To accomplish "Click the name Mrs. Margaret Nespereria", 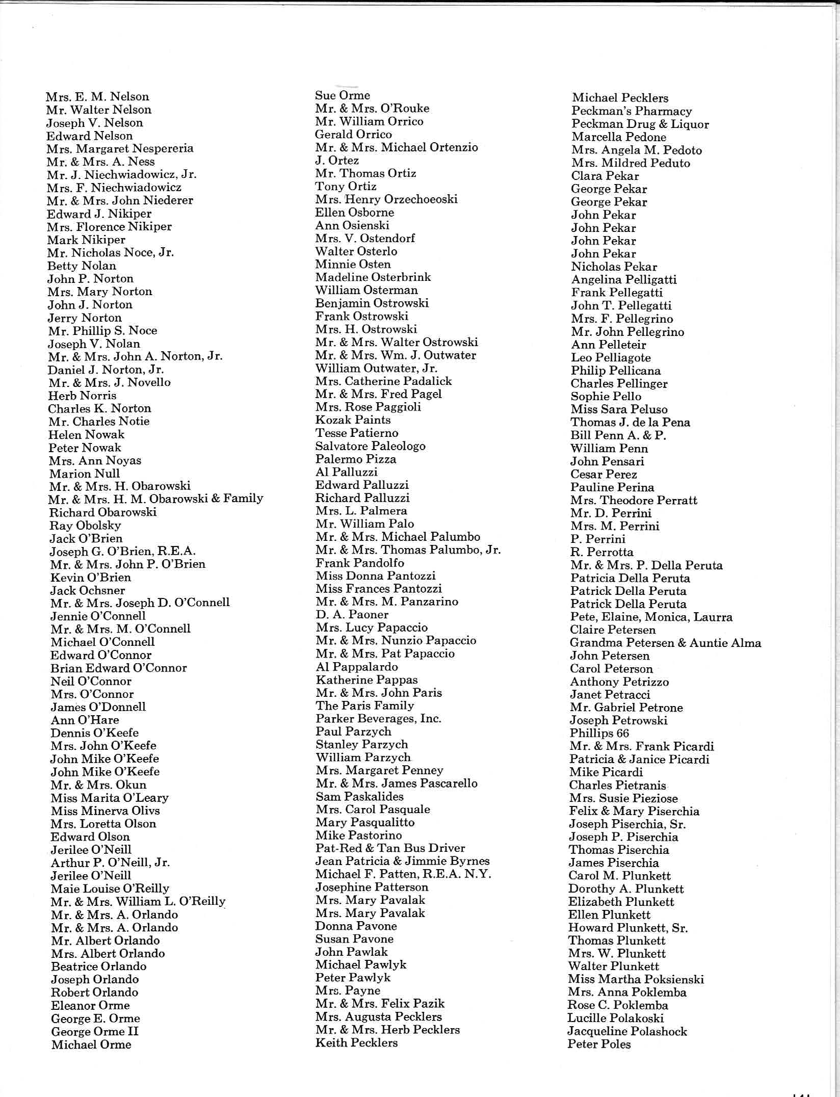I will [120, 149].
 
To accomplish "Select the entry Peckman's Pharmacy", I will [631, 111].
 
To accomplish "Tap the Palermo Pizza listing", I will [355, 459].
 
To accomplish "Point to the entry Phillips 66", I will [599, 733].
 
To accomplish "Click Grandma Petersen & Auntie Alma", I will [665, 643].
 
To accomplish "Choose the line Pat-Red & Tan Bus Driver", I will [390, 848].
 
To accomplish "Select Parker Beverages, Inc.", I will [378, 719].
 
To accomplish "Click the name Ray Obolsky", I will [85, 526].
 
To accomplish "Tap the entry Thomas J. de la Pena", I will [630, 422].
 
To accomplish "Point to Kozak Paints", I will [353, 420].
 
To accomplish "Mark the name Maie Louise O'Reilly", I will [110, 888].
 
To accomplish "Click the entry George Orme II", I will [95, 1032].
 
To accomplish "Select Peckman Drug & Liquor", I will [640, 124].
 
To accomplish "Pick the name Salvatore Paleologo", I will [370, 446].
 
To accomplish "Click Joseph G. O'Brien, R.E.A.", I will [122, 552].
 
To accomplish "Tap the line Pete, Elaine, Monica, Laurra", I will [651, 617].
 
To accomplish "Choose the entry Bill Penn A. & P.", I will [618, 435].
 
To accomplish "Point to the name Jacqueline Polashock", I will [627, 1031].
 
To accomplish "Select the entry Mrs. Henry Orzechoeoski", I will [386, 199].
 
